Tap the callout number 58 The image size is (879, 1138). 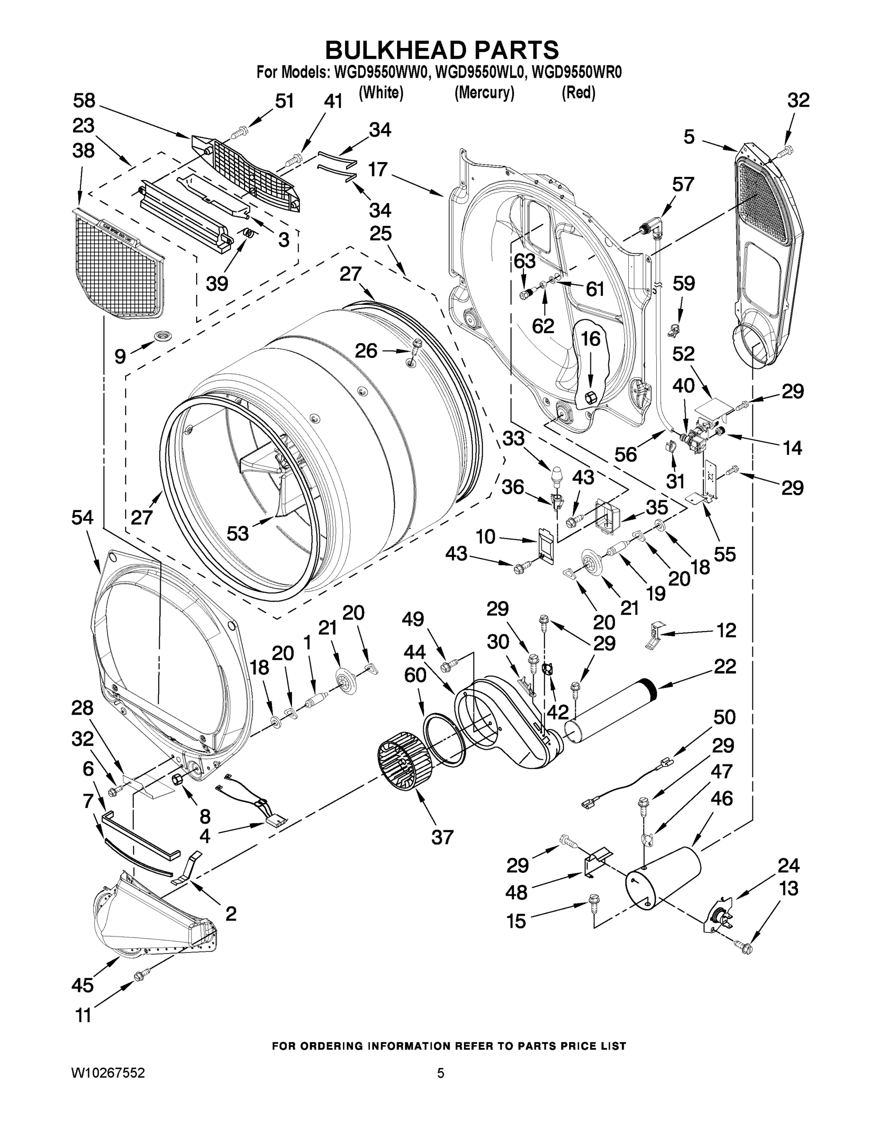84,101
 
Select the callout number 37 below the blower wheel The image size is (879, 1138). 442,837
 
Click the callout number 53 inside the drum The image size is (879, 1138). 237,532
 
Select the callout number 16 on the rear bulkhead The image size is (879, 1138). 590,339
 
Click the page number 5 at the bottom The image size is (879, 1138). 441,1073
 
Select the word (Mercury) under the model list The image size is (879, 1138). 484,93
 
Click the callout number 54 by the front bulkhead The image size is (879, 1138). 83,517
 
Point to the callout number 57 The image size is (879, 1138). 683,184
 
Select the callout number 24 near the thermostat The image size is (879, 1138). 788,865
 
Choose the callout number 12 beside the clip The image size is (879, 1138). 726,630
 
